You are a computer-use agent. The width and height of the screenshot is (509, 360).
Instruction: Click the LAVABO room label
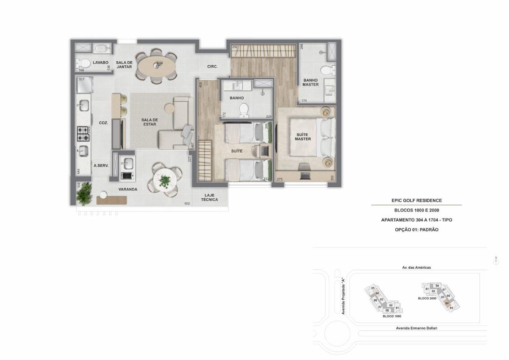click(100, 63)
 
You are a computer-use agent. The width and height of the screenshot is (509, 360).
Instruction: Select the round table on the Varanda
click(164, 179)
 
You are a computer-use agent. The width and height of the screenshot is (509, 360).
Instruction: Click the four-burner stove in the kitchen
click(83, 134)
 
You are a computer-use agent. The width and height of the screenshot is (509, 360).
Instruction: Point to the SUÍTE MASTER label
click(303, 137)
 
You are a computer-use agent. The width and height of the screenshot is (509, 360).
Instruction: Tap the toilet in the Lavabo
click(83, 63)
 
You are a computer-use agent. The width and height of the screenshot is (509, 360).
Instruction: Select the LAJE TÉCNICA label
click(209, 197)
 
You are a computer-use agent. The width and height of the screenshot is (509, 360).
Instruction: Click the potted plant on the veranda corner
click(84, 193)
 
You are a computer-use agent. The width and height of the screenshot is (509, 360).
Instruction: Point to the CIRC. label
click(212, 67)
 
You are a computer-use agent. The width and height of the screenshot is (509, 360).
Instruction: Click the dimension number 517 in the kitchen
click(82, 79)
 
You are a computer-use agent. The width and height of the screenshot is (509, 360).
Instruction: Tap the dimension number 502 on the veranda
click(187, 204)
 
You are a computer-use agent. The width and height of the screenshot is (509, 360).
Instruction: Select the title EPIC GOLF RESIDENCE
click(416, 200)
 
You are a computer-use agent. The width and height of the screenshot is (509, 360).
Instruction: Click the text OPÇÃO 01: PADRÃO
click(416, 230)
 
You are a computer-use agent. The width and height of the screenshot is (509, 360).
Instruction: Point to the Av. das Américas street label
click(416, 267)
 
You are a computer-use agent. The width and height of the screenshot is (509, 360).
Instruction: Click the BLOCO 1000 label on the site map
click(392, 316)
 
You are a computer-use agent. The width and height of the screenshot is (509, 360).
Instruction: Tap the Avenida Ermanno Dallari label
click(416, 328)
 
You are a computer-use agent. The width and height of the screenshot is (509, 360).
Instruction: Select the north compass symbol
click(496, 261)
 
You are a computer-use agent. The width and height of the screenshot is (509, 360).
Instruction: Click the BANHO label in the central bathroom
click(237, 98)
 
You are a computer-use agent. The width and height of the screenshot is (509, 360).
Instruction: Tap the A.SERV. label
click(101, 166)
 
